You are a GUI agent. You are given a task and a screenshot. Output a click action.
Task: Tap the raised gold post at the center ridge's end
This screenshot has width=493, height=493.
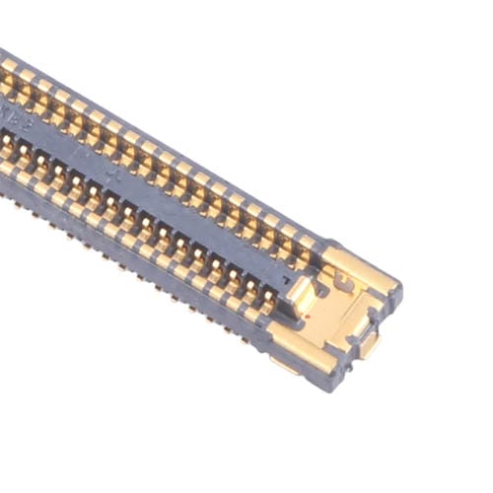pos(300,294)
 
